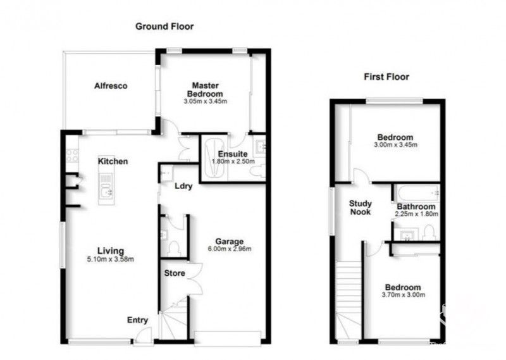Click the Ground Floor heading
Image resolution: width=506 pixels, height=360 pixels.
(164, 27)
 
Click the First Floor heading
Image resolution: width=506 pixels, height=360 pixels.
(386, 77)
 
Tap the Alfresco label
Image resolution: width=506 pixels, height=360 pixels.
(111, 86)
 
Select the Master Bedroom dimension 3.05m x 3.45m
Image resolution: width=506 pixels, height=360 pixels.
(205, 101)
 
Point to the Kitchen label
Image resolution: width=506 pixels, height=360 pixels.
(113, 161)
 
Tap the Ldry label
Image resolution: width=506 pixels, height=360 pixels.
(183, 187)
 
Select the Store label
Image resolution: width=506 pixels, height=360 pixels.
(175, 273)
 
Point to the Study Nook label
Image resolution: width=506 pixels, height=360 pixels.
(361, 208)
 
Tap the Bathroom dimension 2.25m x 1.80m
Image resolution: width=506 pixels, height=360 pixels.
(416, 214)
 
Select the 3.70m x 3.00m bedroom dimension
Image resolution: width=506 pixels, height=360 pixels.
(403, 294)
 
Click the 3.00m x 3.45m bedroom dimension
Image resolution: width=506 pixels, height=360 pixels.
(395, 145)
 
